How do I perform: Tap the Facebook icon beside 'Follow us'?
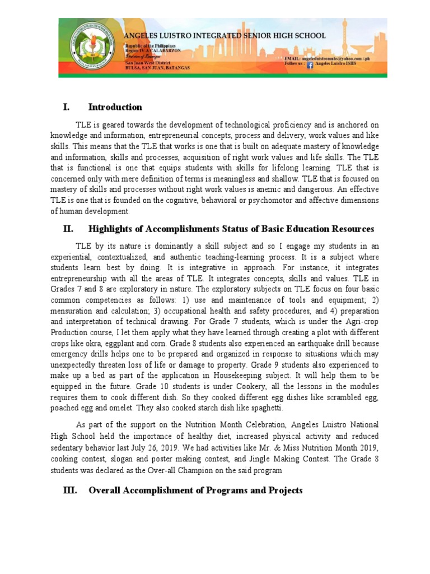(310, 64)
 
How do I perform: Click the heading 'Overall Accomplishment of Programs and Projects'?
(195, 490)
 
